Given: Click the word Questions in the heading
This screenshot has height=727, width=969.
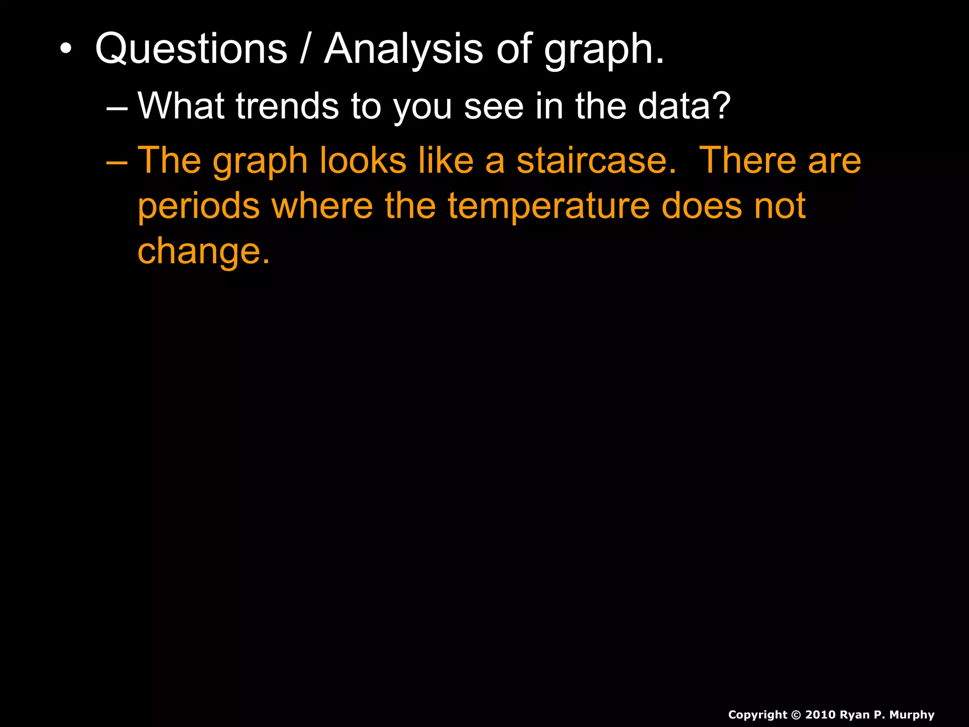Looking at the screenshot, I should click(x=191, y=49).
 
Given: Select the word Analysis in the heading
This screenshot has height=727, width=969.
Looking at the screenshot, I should click(x=404, y=49).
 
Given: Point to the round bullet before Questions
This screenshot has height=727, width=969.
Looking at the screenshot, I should click(x=66, y=49).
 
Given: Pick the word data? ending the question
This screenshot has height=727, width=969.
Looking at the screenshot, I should click(x=684, y=106).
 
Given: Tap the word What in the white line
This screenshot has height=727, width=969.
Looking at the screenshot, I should click(x=181, y=106).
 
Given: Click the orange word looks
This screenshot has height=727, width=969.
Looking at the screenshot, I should click(x=363, y=160).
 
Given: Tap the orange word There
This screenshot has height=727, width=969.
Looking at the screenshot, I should click(x=747, y=160).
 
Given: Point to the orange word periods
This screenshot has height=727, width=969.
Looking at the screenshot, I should click(x=199, y=207).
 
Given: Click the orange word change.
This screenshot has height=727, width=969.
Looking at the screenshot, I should click(x=203, y=252).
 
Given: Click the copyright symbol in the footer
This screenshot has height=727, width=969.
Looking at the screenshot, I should click(x=796, y=715).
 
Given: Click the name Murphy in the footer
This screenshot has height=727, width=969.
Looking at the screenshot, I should click(x=912, y=715).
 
